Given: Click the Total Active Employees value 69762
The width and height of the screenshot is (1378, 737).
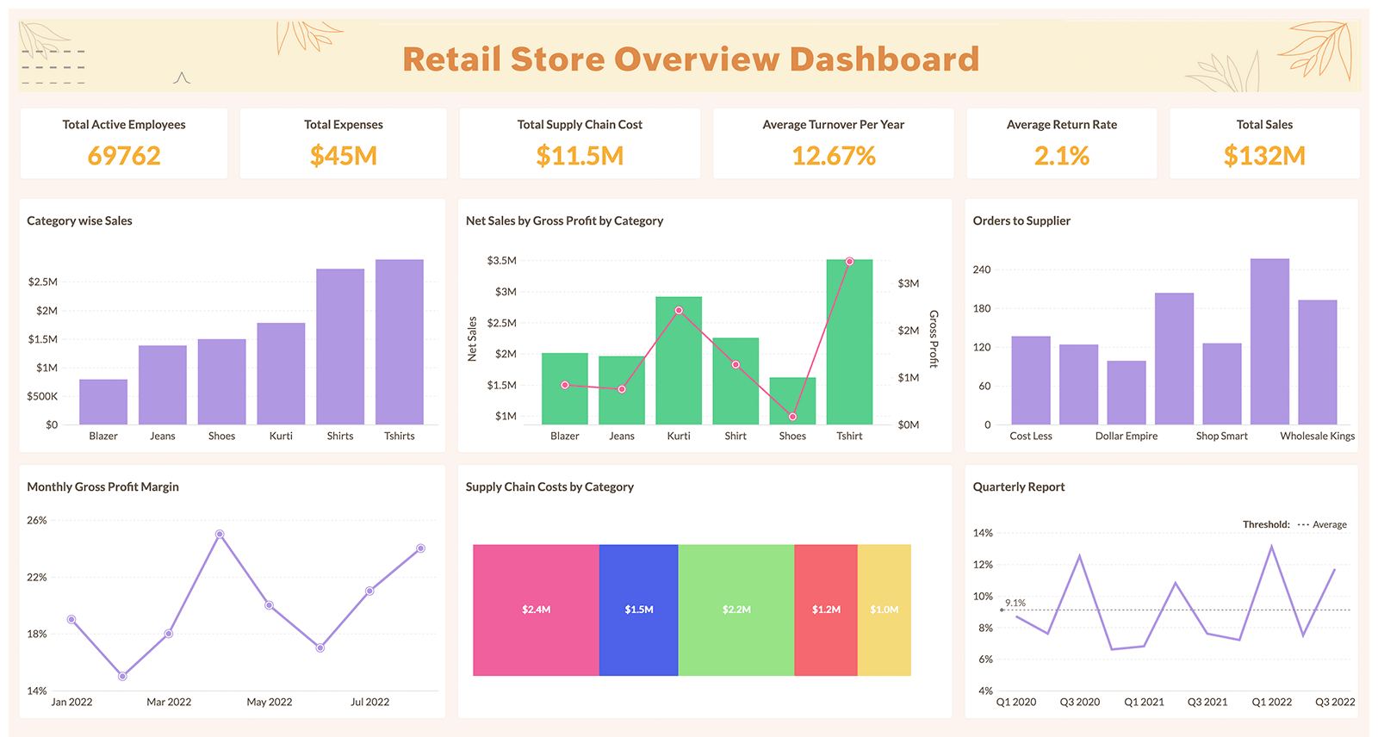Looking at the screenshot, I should pyautogui.click(x=124, y=156).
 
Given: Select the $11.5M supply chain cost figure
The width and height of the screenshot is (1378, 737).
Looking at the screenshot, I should pyautogui.click(x=580, y=156).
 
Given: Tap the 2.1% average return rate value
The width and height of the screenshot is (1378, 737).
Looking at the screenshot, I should pyautogui.click(x=1061, y=156).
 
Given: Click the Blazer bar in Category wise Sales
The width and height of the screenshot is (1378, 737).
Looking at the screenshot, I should pyautogui.click(x=103, y=402).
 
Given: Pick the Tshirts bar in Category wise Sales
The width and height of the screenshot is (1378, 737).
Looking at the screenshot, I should pyautogui.click(x=400, y=342).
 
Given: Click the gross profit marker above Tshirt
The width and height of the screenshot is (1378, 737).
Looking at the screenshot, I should pyautogui.click(x=849, y=262).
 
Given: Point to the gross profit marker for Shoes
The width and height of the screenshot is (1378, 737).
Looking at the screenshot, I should pyautogui.click(x=792, y=417).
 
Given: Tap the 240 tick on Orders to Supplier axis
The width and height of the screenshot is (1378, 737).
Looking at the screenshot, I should pyautogui.click(x=982, y=269).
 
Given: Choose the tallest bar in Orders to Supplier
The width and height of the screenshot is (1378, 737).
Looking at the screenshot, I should pyautogui.click(x=1269, y=342).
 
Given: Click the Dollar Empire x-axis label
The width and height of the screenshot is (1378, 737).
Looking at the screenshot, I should pyautogui.click(x=1127, y=437).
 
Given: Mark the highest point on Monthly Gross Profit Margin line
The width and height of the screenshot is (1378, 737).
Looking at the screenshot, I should pyautogui.click(x=220, y=535).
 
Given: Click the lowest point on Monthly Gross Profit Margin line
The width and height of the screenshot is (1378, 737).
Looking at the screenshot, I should pyautogui.click(x=122, y=677).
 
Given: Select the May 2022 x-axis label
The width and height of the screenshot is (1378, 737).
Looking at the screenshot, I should pyautogui.click(x=270, y=703).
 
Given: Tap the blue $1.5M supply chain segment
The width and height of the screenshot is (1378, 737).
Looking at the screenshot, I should pyautogui.click(x=639, y=610).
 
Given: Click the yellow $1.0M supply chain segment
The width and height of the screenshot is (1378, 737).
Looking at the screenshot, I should pyautogui.click(x=885, y=610).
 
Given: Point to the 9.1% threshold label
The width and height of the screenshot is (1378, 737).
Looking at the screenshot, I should pyautogui.click(x=1015, y=603).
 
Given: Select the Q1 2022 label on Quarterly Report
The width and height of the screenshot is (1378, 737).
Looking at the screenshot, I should pyautogui.click(x=1271, y=703).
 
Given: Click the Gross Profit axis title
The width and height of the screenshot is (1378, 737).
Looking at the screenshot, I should pyautogui.click(x=934, y=339).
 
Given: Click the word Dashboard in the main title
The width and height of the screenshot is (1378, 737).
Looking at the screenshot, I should pyautogui.click(x=885, y=59).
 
